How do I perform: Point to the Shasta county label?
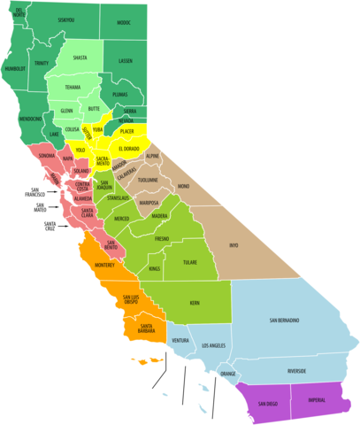click(x=80, y=58)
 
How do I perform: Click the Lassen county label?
click(x=124, y=61)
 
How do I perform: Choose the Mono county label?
click(x=183, y=187)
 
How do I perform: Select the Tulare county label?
click(x=188, y=262)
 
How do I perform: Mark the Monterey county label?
click(x=104, y=265)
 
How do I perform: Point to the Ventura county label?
click(x=180, y=340)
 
